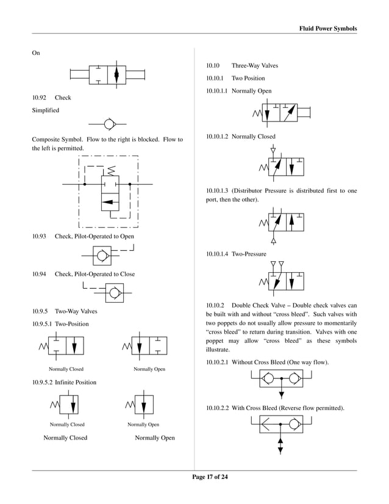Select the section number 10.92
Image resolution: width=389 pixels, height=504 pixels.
[39, 98]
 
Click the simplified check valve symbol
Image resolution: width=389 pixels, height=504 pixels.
[109, 124]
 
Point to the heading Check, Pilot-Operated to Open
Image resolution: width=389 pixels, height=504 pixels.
[95, 236]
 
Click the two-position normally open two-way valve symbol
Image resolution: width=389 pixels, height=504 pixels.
[147, 347]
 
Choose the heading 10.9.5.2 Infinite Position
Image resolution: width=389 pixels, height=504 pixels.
[63, 383]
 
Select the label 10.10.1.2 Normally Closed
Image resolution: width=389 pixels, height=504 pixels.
[240, 137]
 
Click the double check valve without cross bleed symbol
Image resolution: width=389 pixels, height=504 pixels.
[280, 379]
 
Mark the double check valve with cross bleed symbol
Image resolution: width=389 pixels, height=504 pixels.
[280, 425]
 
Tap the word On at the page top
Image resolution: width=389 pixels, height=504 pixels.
[36, 53]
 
